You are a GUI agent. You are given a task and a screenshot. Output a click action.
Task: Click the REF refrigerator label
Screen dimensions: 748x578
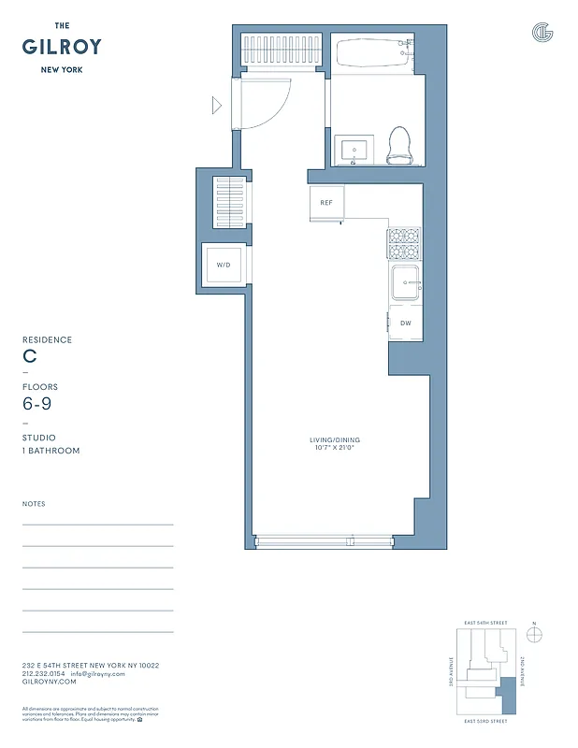coord(326,203)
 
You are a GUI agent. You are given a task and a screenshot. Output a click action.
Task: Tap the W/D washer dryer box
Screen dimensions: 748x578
coord(224,265)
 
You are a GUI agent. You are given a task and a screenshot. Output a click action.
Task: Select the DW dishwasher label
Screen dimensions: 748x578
coord(406,323)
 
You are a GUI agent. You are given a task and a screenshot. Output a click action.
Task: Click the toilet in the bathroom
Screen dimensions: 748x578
coord(399,145)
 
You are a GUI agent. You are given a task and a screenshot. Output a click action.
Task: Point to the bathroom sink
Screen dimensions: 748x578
coord(354,150)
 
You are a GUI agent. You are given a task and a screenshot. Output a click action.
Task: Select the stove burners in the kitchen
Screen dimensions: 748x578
coord(404,243)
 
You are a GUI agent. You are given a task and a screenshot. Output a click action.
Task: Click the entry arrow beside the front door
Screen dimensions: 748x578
coord(217,106)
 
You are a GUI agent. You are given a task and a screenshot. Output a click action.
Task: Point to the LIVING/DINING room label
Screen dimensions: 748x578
coord(335,439)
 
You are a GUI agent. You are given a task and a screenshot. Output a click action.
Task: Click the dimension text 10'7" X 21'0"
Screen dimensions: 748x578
coord(335,448)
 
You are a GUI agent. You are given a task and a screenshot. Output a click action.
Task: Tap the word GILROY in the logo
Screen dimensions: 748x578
coord(63,47)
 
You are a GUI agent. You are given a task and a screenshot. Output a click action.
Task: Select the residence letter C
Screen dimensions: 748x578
coord(29,356)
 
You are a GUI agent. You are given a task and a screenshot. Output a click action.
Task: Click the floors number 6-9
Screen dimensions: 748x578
coord(36,404)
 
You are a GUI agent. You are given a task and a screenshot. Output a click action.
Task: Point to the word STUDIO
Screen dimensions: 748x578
coord(38,438)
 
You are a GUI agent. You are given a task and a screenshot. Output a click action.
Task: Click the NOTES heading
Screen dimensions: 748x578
coord(34,504)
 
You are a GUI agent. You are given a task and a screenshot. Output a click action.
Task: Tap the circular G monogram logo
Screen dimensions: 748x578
coord(542,33)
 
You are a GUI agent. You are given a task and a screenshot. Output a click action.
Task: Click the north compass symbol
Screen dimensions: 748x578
coord(534,634)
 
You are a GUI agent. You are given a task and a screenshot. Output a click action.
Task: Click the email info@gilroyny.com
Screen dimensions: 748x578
coord(97,673)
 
